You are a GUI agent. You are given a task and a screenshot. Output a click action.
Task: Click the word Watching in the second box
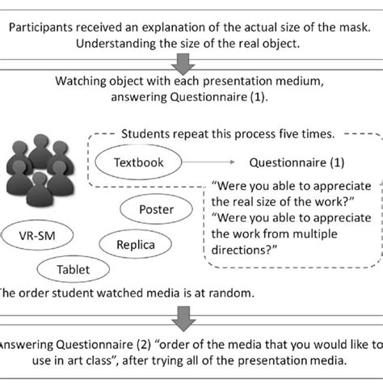tap(85, 82)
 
